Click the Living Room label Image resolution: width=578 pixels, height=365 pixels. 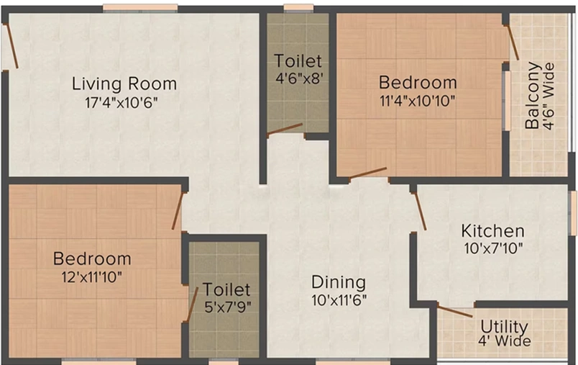pyautogui.click(x=124, y=84)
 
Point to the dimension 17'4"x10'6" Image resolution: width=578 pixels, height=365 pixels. pyautogui.click(x=121, y=103)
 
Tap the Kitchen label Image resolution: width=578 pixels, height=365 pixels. pyautogui.click(x=493, y=231)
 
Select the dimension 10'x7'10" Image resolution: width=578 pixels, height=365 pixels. pyautogui.click(x=493, y=248)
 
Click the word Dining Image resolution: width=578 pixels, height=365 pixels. pyautogui.click(x=339, y=283)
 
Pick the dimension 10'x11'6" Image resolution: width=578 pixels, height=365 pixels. pyautogui.click(x=339, y=300)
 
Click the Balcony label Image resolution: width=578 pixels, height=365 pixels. pyautogui.click(x=532, y=96)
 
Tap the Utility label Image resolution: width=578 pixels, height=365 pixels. pyautogui.click(x=504, y=328)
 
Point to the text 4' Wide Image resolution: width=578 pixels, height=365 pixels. pyautogui.click(x=505, y=341)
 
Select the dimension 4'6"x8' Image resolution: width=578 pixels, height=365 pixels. pyautogui.click(x=299, y=78)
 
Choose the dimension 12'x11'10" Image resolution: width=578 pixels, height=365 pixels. pyautogui.click(x=92, y=276)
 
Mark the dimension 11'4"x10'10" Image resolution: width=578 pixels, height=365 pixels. pyautogui.click(x=418, y=100)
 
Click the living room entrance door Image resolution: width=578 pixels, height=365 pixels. pyautogui.click(x=10, y=46)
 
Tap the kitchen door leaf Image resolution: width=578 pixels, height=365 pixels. pyautogui.click(x=420, y=211)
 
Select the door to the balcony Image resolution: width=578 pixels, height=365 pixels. pyautogui.click(x=512, y=42)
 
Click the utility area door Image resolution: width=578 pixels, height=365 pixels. pyautogui.click(x=455, y=311)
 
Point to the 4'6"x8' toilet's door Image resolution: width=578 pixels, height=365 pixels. pyautogui.click(x=285, y=129)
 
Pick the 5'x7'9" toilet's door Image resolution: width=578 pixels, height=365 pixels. pyautogui.click(x=192, y=305)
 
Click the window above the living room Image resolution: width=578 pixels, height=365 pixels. pyautogui.click(x=140, y=8)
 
